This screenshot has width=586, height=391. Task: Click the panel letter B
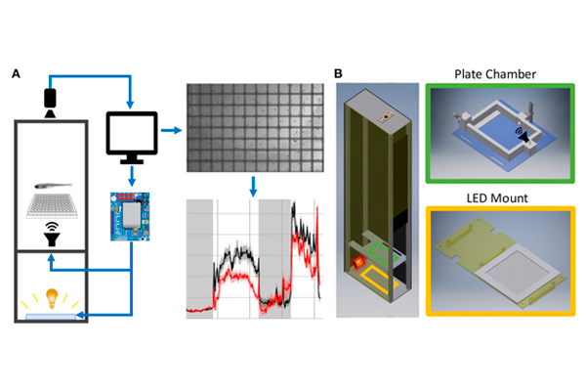[338, 73]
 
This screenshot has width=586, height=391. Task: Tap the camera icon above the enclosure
[50, 100]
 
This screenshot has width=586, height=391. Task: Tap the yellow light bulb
[50, 296]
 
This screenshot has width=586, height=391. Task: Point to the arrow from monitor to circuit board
[131, 176]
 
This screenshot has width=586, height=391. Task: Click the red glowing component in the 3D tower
[359, 262]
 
